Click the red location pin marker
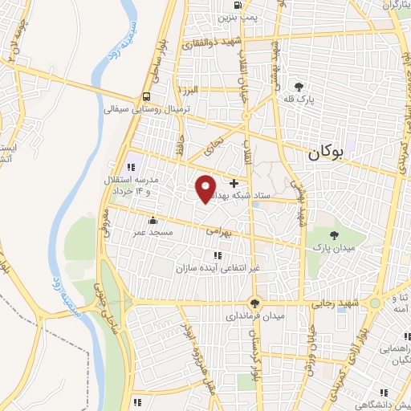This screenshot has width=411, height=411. click(x=205, y=187)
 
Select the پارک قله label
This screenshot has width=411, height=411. click(x=300, y=100)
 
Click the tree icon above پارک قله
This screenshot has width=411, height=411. click(x=299, y=86)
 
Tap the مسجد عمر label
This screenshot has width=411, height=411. click(x=153, y=231)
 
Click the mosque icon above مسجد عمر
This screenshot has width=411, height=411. click(x=153, y=219)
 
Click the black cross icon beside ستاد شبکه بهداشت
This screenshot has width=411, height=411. click(x=234, y=184)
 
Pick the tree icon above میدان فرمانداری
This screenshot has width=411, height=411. click(x=255, y=303)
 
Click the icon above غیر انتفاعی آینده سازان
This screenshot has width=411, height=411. click(x=217, y=254)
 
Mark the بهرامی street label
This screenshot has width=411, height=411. click(x=218, y=230)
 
